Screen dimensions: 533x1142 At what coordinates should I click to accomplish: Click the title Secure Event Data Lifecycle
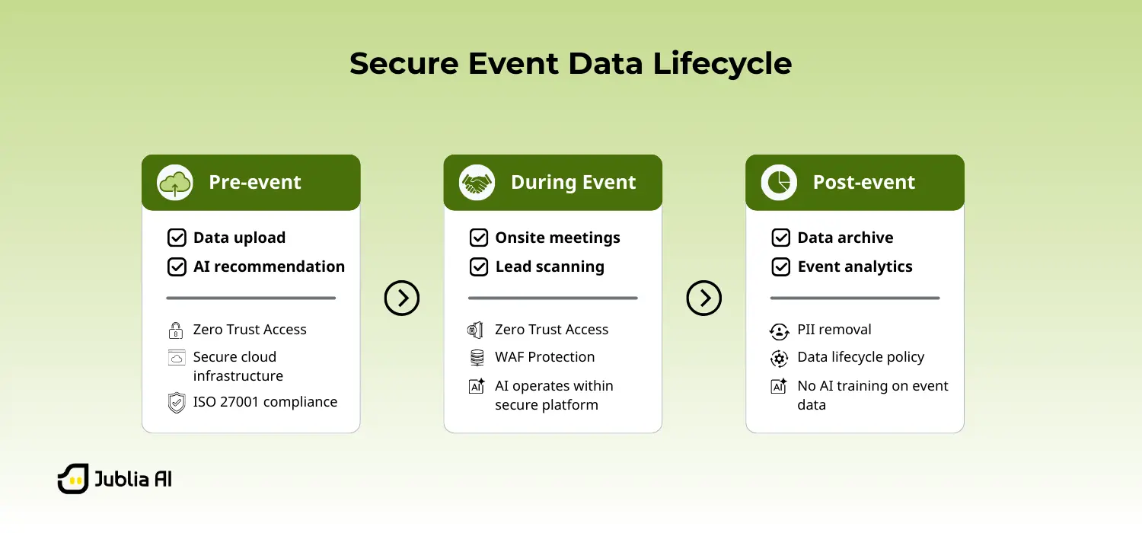coord(570,63)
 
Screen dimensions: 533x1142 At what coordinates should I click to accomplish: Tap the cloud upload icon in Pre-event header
coord(175,183)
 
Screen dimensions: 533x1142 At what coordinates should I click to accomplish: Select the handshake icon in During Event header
coord(477,183)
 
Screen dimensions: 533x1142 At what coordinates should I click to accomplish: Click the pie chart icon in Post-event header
coord(779,183)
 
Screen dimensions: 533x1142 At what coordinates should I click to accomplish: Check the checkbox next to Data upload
coord(177,238)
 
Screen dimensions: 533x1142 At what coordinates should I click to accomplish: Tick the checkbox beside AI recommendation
coord(177,266)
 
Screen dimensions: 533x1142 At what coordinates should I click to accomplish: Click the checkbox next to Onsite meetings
coord(478,238)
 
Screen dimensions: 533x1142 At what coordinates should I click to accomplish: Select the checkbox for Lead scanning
coord(478,266)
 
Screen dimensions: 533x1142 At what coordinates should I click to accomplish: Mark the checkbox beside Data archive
coord(780,238)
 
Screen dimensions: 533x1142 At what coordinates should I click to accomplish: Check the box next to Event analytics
coord(780,266)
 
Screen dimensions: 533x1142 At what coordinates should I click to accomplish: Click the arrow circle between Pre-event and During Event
coord(402,298)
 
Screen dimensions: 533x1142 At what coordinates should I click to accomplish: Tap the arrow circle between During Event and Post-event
coord(703,298)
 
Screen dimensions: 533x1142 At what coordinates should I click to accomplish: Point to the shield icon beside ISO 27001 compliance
coord(177,403)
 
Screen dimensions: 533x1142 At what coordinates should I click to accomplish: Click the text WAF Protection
coord(544,357)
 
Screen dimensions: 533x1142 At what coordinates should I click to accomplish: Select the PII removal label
coord(834,330)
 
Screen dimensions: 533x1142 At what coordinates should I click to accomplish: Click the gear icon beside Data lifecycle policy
coord(779,358)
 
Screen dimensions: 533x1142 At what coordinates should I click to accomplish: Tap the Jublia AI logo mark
coord(73,479)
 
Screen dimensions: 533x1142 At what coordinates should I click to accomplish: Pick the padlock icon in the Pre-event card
coord(176,330)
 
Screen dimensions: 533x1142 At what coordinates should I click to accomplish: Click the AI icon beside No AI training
coord(779,386)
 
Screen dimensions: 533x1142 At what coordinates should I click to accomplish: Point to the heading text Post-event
coord(863,183)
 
